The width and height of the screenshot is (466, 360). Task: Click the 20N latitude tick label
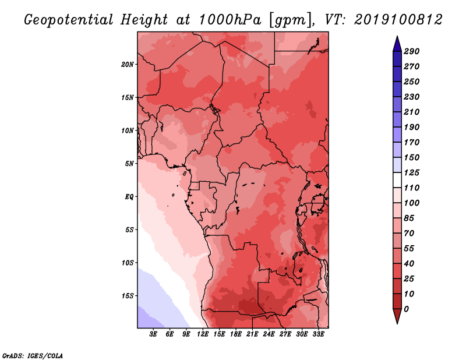tap(128, 64)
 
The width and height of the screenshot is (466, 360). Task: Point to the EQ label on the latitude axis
tap(129, 196)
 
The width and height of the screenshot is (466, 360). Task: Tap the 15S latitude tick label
tap(128, 295)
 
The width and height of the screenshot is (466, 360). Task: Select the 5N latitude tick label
tap(129, 163)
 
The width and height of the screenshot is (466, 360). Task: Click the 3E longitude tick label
tap(154, 334)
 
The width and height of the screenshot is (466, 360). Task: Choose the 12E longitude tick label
tap(203, 334)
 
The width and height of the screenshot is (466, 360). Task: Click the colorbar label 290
tap(411, 51)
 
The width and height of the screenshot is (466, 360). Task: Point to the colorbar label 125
tap(411, 172)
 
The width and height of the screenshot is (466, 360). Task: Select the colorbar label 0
tap(407, 309)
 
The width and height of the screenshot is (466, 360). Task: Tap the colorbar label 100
tap(411, 203)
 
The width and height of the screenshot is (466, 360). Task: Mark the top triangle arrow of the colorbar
tap(396, 43)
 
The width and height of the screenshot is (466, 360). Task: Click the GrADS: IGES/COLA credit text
tap(33, 355)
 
